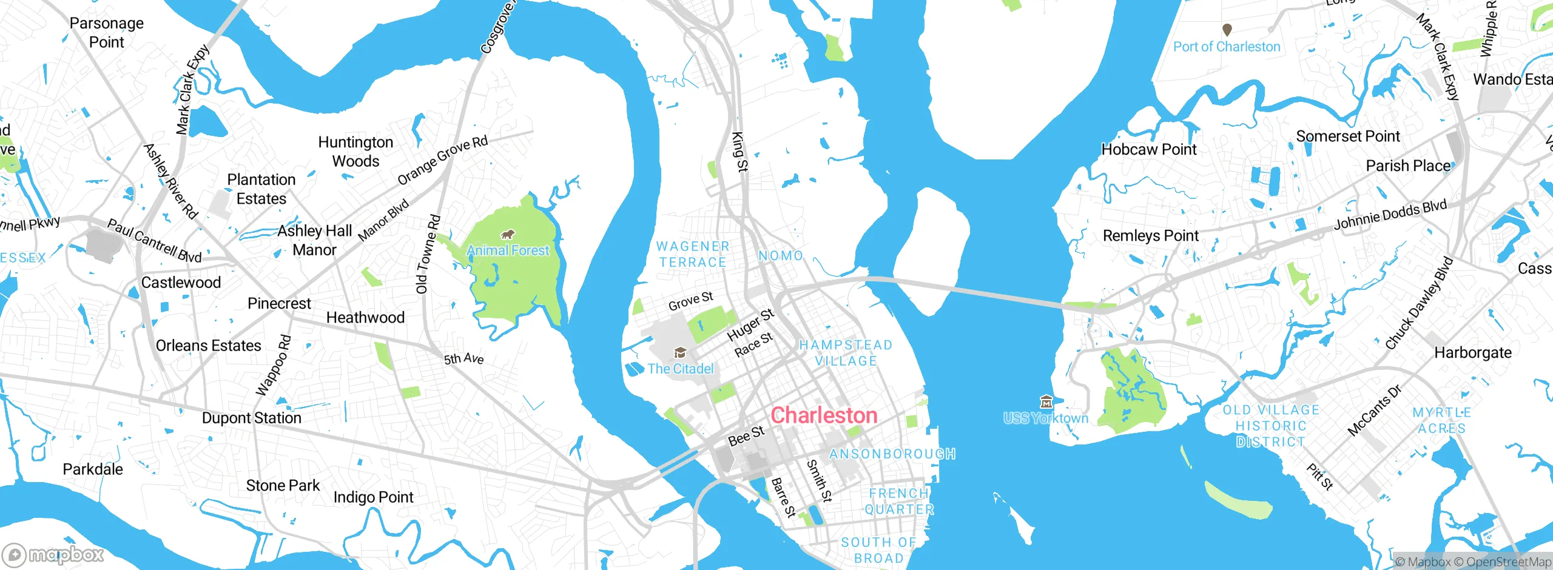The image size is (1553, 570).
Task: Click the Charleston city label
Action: (x=824, y=415)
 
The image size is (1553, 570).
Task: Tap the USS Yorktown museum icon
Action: (x=1046, y=401)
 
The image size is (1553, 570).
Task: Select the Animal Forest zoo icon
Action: (x=507, y=235)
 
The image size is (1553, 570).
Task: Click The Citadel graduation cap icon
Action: (x=680, y=353)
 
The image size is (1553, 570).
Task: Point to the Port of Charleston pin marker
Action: (x=1227, y=29)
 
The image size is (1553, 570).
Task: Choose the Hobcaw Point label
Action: (x=1148, y=149)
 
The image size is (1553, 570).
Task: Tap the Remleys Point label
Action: (x=1150, y=235)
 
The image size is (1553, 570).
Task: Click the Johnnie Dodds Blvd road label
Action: (x=1390, y=216)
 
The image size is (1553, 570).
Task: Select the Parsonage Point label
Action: (x=107, y=33)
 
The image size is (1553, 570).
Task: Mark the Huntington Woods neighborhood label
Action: (x=356, y=152)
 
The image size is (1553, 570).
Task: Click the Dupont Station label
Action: (x=251, y=418)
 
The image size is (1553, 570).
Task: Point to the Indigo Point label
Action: (x=373, y=497)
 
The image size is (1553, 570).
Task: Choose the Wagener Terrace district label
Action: (x=693, y=254)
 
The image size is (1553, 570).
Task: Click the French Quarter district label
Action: (x=899, y=501)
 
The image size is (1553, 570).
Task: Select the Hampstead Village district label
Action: (x=846, y=353)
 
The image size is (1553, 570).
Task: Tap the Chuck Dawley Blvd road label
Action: (x=1419, y=304)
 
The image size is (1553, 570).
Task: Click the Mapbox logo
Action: (x=53, y=554)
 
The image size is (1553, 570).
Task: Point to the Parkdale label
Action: (x=93, y=469)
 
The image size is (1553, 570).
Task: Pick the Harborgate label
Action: (x=1472, y=353)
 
